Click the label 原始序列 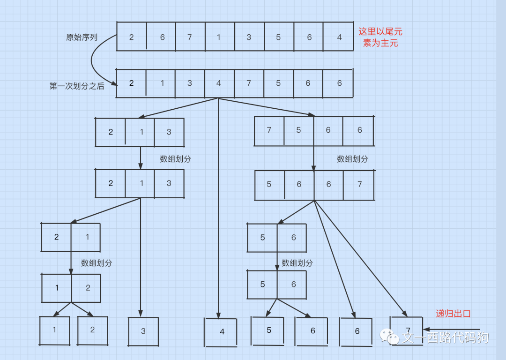[82, 37]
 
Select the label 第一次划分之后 [77, 86]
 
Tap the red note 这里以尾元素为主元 [380, 37]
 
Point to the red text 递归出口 [453, 314]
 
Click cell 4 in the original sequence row [339, 37]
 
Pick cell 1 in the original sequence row [219, 37]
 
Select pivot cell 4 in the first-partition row [219, 83]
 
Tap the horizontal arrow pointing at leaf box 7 [452, 330]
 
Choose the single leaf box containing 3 [143, 331]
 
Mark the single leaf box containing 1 [54, 330]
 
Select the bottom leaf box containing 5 [268, 330]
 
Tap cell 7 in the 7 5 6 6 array [269, 130]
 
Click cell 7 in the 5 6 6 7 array [359, 184]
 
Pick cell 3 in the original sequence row [249, 37]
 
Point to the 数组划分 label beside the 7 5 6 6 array [352, 159]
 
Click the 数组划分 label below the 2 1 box [97, 263]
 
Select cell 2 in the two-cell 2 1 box [56, 237]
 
